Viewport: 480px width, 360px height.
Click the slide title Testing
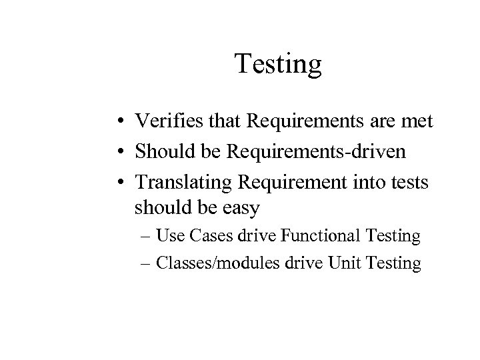(x=278, y=65)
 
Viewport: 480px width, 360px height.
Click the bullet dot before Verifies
(x=116, y=123)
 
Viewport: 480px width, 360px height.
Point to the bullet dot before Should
(x=116, y=151)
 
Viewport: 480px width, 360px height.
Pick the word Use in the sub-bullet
(x=169, y=236)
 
